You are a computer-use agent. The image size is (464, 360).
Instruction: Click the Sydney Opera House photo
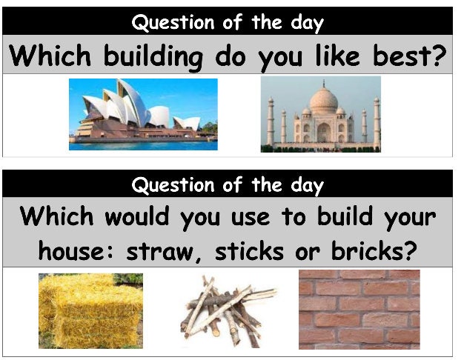point(143,114)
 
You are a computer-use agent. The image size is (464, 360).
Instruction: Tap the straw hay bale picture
point(90,310)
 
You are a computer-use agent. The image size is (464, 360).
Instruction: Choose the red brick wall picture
point(359,309)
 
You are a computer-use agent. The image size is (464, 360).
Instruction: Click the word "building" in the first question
point(151,57)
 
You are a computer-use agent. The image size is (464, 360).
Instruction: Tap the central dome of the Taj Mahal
point(322,98)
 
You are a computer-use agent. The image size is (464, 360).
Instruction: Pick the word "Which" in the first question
point(47,57)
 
